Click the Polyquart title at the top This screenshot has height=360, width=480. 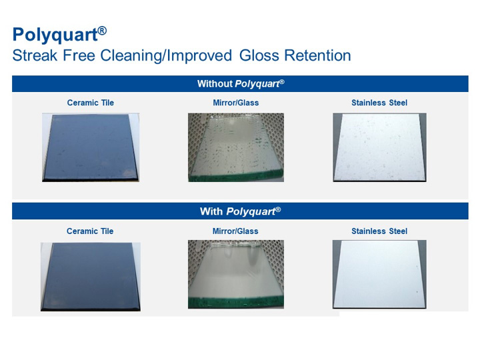coord(59,34)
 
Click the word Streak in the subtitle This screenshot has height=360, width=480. coord(35,55)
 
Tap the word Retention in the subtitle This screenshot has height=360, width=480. coord(317,55)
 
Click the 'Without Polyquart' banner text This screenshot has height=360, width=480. coord(241,84)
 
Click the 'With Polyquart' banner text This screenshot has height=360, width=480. coord(240,211)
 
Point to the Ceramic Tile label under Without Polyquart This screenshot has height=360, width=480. coord(90,103)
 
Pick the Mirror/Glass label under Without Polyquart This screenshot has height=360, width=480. coord(236,103)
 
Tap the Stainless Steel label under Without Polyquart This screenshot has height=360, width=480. coord(379,103)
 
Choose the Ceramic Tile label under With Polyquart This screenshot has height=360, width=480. coord(90,231)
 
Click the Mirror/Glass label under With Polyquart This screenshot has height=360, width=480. coord(235,231)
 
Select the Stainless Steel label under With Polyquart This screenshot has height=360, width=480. coord(379,231)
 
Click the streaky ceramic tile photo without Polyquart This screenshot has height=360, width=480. coord(91,147)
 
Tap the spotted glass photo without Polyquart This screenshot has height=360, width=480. coord(236,147)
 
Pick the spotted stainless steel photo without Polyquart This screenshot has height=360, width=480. coord(379,147)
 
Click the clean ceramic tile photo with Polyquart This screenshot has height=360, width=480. coord(91,277)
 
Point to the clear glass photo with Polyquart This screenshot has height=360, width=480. coord(236,274)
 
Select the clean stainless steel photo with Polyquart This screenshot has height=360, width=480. coord(379,274)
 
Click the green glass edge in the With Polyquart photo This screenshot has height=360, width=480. coord(236,301)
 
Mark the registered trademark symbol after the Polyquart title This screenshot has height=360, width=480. coord(102,31)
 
